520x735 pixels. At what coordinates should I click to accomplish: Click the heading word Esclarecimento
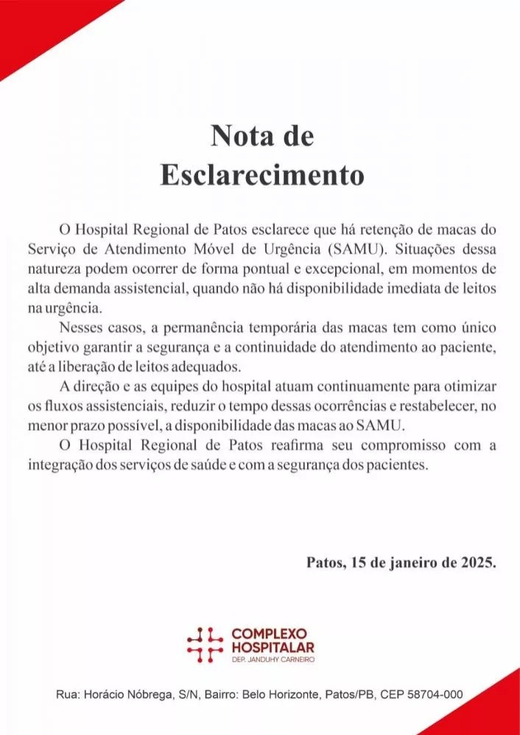[x=262, y=176]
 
